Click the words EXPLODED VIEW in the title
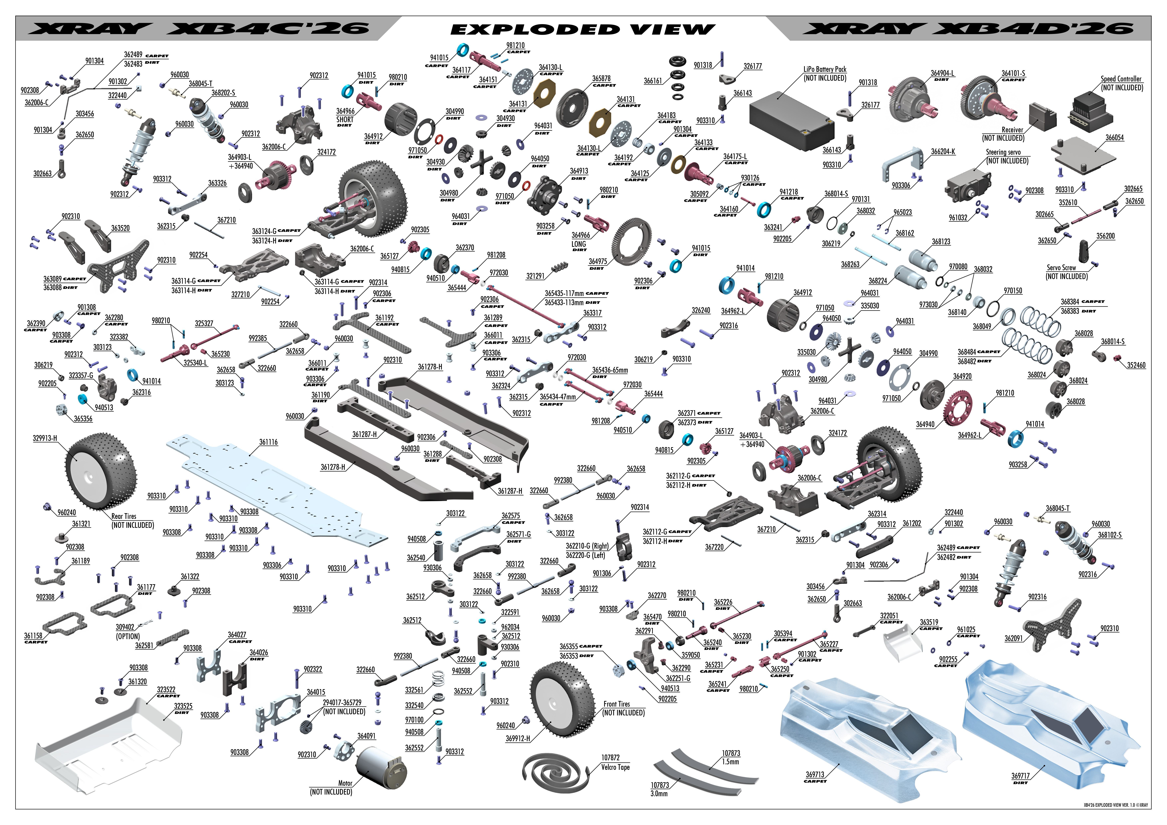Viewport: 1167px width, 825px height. (x=583, y=29)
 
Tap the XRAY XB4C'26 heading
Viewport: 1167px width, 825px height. (x=198, y=28)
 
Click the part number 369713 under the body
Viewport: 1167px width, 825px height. (x=815, y=775)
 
